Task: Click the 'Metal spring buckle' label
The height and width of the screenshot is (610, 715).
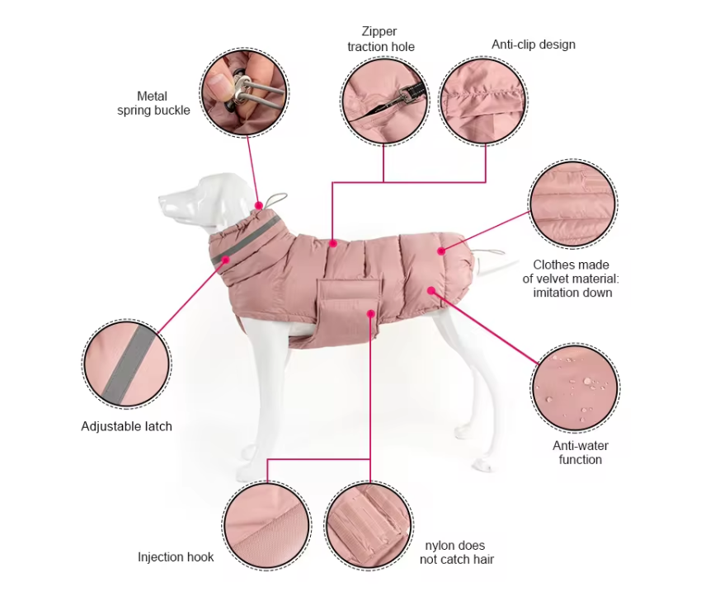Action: [153, 104]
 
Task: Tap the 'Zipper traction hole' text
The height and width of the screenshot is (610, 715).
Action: [380, 40]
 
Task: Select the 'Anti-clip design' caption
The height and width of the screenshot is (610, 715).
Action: [533, 45]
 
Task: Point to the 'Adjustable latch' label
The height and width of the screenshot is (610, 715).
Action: [126, 426]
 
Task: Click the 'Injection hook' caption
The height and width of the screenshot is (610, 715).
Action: [176, 557]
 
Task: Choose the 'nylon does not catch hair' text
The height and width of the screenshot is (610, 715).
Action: [457, 552]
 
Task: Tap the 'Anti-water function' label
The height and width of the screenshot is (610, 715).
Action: [581, 453]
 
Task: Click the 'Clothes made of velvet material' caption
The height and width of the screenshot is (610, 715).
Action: [571, 279]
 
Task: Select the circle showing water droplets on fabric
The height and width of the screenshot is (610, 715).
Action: [575, 387]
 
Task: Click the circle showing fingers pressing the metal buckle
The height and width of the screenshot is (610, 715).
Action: [244, 91]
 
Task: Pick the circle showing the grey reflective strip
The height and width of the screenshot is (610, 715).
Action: [127, 364]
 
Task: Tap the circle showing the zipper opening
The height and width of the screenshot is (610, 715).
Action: [384, 101]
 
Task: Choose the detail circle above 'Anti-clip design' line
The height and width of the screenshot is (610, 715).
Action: [483, 101]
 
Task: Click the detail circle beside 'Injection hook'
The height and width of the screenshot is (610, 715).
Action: [267, 524]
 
